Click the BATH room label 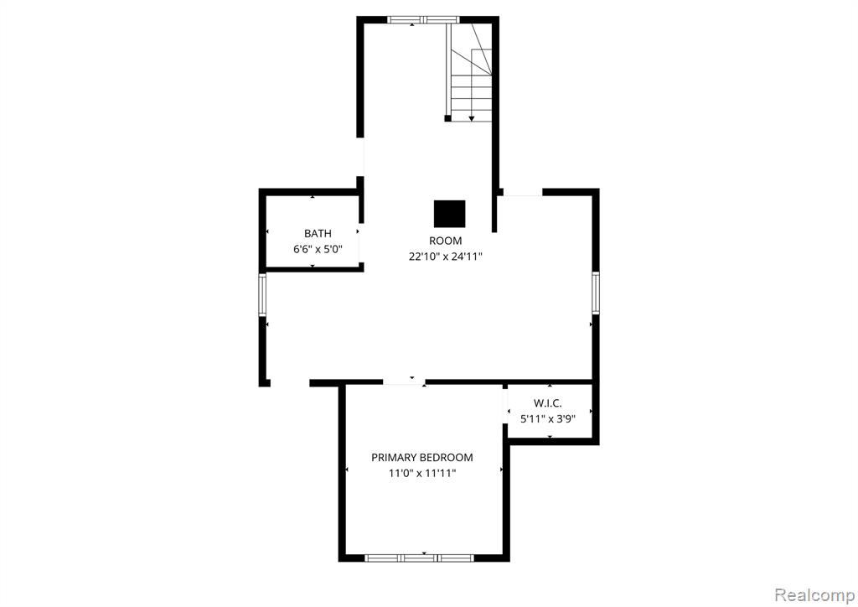pos(318,234)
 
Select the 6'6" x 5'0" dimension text pos(318,250)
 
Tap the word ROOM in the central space pos(446,241)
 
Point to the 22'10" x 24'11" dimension pos(446,257)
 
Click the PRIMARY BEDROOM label pos(422,458)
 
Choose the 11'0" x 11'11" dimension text pos(422,474)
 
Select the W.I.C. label pos(548,403)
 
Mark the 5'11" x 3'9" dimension pos(548,419)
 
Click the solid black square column pos(450,214)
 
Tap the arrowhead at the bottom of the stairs pos(472,118)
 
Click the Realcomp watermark pos(814,594)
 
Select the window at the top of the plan pos(423,20)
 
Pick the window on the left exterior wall pos(262,294)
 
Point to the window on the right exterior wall pos(596,293)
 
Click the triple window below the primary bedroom pos(419,558)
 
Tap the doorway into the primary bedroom pos(404,382)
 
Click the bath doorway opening pos(360,243)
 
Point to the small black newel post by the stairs pos(447,118)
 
